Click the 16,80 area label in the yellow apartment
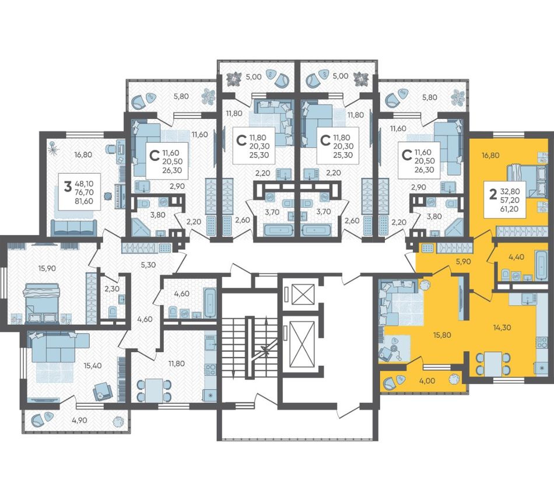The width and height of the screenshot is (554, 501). coord(491,155)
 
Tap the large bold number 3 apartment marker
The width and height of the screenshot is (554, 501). coord(68,187)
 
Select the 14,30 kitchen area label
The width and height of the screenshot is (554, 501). coord(502,327)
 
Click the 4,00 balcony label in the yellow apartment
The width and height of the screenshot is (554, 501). coord(427,381)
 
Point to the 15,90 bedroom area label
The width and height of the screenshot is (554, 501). coord(47,268)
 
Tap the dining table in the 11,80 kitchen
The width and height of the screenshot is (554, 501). coord(154,390)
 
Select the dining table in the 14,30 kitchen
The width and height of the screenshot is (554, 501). coord(493,363)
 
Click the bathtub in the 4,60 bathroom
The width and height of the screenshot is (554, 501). coord(210,303)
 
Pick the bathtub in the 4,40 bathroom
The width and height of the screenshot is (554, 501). coord(541,265)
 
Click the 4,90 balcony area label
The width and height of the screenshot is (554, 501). coord(79,420)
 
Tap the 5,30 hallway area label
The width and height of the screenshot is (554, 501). coord(148,265)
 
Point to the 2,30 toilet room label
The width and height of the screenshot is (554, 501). coord(112,288)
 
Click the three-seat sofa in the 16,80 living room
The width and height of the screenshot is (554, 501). coord(74,227)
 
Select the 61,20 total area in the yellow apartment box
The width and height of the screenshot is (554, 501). coord(509,209)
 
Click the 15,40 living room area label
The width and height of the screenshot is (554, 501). coord(93,365)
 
